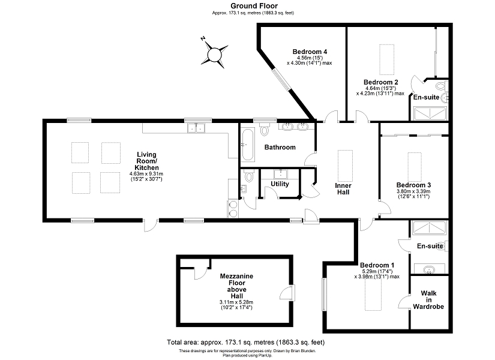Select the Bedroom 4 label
pyautogui.click(x=310, y=52)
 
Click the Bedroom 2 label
pyautogui.click(x=381, y=82)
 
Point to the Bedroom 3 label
pyautogui.click(x=414, y=185)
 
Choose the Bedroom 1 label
pyautogui.click(x=377, y=265)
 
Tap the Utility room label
pyautogui.click(x=280, y=184)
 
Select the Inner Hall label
pyautogui.click(x=343, y=189)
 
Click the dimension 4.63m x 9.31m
pyautogui.click(x=146, y=173)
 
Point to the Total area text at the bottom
pyautogui.click(x=246, y=342)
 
